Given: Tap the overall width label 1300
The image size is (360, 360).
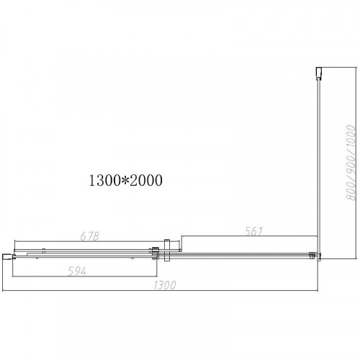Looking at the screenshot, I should pos(165,286).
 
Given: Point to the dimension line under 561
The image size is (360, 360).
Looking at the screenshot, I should pos(248,238).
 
